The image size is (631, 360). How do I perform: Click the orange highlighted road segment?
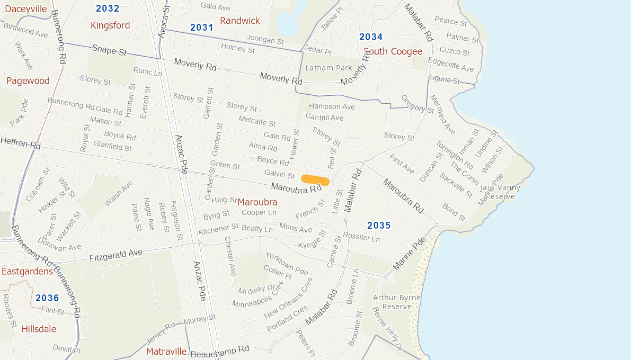pos(315,180)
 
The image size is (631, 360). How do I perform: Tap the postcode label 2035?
pos(379,226)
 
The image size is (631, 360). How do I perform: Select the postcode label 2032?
pos(108,8)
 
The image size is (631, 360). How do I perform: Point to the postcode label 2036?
pos(47,298)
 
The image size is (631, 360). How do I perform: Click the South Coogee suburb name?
pos(393,51)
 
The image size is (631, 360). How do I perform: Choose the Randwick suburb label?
pos(240,21)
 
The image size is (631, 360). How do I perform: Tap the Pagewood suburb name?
pos(28,81)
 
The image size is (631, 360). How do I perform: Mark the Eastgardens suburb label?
pos(27,272)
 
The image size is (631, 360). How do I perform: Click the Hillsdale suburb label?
pos(39,329)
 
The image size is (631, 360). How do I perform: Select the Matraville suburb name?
pos(166,352)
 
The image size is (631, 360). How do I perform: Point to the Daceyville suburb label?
pos(26,8)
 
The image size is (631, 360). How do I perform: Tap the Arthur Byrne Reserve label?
pos(397,302)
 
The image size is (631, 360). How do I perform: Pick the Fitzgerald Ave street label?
pos(116,256)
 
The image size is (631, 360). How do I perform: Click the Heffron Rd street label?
pos(21,143)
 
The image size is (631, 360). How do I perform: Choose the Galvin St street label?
pos(280,174)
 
